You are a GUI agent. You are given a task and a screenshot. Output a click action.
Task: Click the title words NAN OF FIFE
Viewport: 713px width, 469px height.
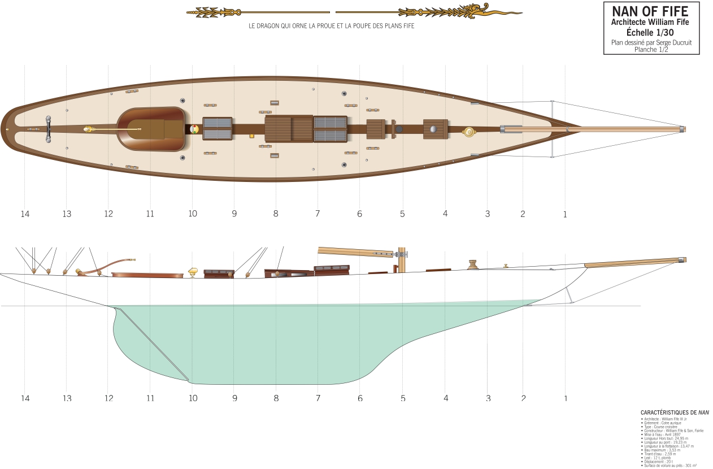pos(650,11)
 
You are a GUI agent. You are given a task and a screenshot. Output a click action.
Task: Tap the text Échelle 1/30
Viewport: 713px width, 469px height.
pos(650,32)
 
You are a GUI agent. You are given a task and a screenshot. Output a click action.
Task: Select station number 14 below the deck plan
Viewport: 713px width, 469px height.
pos(25,214)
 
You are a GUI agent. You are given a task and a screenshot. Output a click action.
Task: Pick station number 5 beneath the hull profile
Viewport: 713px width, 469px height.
pos(403,398)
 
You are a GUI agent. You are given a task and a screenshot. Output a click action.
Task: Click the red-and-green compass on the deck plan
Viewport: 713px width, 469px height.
pos(194,129)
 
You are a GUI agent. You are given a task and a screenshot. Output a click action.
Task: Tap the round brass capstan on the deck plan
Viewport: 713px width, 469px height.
pos(469,132)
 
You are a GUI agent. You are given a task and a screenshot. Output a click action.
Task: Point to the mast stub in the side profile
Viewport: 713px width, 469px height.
pos(402,260)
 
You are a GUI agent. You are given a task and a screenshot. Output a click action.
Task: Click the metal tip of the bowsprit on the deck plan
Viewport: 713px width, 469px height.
pos(682,129)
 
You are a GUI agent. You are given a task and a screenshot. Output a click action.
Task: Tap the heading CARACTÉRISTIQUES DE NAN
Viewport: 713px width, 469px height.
pos(675,413)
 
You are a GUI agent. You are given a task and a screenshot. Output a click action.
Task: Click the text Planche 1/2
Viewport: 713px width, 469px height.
pos(651,50)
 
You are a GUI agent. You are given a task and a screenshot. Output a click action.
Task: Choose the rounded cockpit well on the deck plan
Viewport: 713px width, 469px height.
pos(151,129)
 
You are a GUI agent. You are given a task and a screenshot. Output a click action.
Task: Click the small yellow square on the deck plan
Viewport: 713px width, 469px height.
pos(251,136)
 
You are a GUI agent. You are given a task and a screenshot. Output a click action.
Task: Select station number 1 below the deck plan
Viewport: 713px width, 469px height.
pos(565,215)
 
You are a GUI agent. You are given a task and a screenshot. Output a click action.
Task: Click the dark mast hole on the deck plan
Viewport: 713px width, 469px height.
pos(399,129)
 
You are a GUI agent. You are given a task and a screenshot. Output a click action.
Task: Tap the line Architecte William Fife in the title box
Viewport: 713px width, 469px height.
pos(650,22)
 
